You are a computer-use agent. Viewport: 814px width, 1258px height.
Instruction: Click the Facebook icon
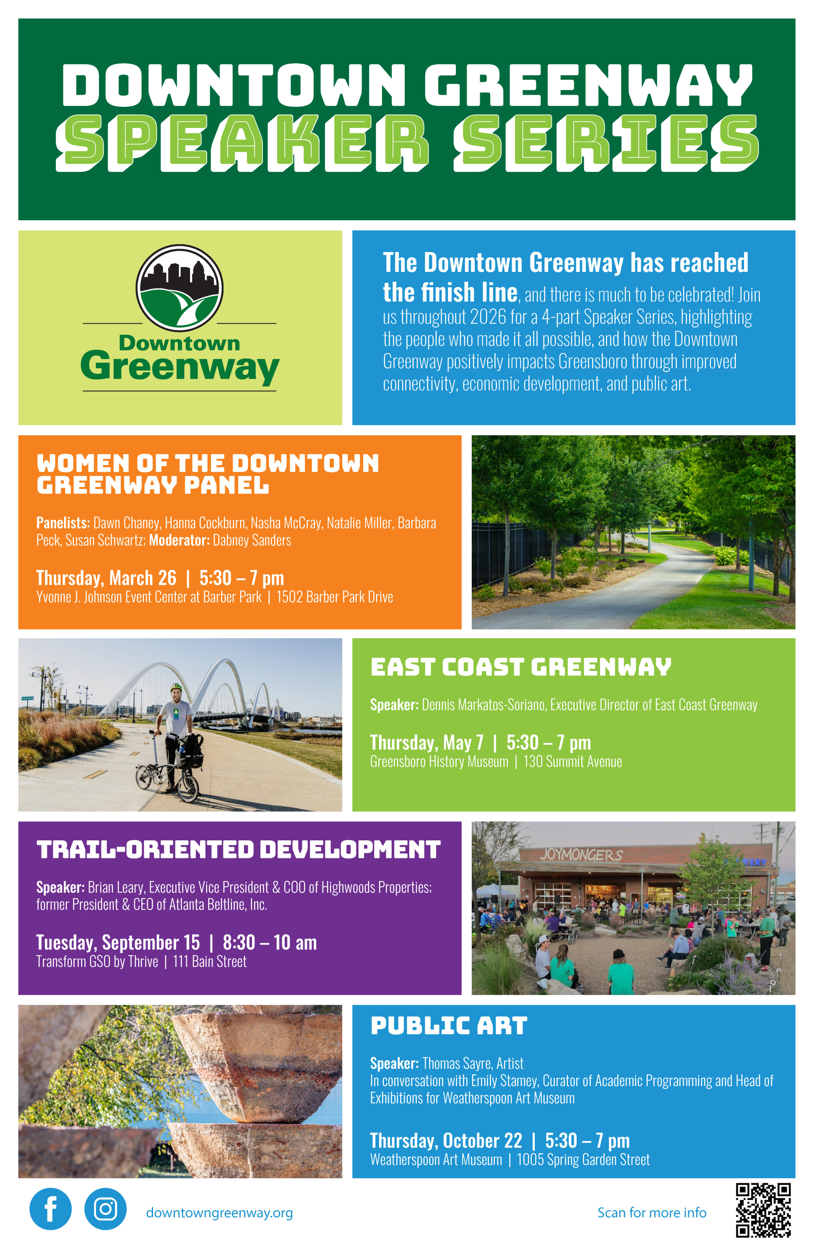pos(50,1209)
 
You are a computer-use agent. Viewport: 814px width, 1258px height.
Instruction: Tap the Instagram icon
pos(105,1209)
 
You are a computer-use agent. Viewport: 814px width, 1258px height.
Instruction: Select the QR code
pos(763,1211)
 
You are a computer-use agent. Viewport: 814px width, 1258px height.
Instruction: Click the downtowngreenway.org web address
pos(219,1213)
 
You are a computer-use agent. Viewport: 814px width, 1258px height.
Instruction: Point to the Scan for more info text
pos(652,1213)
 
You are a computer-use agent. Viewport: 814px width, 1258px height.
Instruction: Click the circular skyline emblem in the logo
pos(180,288)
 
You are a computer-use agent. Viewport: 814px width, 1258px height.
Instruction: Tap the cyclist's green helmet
pos(177,687)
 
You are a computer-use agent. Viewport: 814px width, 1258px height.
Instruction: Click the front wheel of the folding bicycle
pos(187,787)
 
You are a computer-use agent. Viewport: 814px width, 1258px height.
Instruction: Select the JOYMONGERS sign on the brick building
pos(581,855)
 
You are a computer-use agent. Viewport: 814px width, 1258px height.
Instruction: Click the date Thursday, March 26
pos(106,578)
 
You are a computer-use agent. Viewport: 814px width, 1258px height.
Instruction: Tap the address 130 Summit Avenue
pos(572,762)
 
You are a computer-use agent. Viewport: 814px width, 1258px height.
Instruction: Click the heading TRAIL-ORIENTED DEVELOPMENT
pos(238,850)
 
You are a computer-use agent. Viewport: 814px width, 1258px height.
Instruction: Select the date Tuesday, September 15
pos(118,942)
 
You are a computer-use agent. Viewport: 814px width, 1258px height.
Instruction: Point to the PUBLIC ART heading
pos(449,1026)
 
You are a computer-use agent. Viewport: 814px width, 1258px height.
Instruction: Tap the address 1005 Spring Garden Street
pos(583,1160)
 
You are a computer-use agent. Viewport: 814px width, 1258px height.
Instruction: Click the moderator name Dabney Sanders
pos(252,540)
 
